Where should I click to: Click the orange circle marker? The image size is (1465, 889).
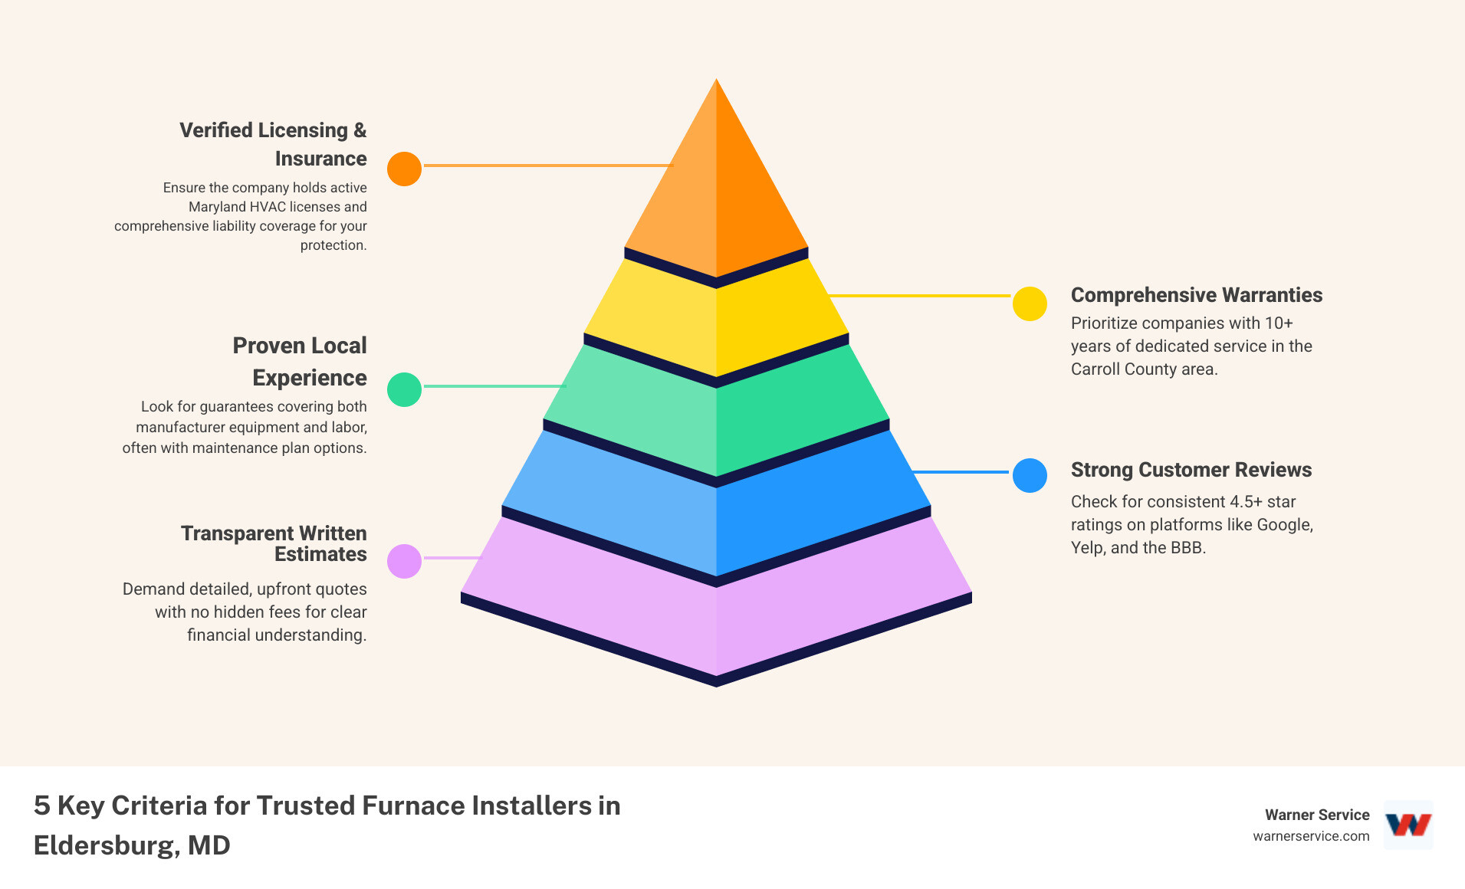404,169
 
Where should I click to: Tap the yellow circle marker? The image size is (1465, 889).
1030,303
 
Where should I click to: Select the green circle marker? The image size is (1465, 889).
404,389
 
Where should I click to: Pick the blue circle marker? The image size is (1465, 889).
1030,475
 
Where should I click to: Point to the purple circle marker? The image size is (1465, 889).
404,561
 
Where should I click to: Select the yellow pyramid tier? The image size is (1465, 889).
716,322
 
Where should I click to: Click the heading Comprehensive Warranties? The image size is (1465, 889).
1196,295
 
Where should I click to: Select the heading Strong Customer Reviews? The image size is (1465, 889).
1191,470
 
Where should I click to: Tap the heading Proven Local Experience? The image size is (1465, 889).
301,362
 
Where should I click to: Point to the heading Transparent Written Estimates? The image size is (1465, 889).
274,543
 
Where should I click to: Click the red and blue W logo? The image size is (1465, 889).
1408,825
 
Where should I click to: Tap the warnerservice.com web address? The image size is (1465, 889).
1311,836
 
